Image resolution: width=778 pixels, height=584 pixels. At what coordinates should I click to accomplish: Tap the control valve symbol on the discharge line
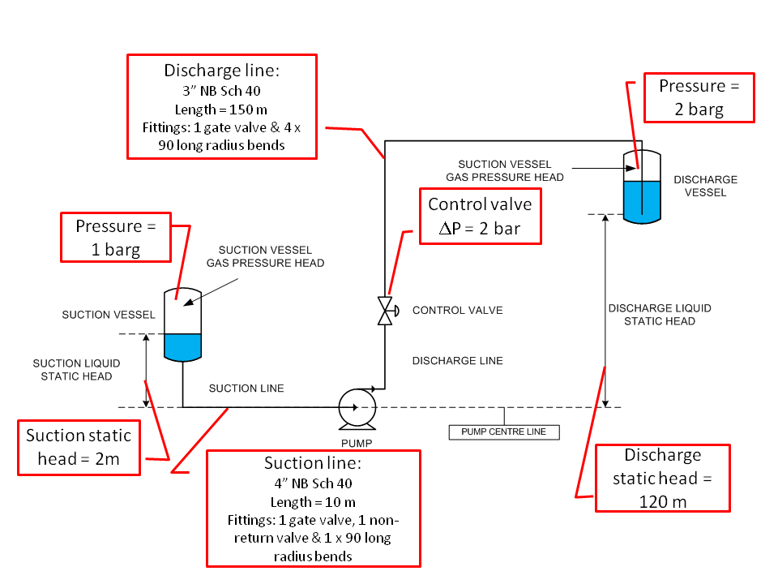(x=385, y=311)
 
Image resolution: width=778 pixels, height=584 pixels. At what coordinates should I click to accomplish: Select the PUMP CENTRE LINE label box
(x=503, y=432)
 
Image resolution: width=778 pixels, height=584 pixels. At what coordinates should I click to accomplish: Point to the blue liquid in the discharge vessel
(x=641, y=200)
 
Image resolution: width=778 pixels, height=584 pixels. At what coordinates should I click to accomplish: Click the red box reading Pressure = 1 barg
(x=117, y=237)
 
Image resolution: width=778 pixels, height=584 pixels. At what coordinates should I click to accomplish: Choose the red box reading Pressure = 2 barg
(x=699, y=97)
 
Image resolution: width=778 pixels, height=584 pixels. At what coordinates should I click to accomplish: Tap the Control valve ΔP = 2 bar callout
(x=480, y=216)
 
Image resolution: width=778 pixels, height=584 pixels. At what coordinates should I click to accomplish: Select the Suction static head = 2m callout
(x=79, y=447)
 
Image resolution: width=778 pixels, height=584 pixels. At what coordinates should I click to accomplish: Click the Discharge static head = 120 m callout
(x=662, y=478)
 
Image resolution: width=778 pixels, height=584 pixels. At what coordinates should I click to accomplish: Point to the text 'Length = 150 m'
(x=220, y=109)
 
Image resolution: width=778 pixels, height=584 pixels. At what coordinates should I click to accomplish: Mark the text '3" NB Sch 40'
(x=220, y=90)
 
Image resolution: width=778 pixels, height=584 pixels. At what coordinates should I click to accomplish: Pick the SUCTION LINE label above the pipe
(x=246, y=389)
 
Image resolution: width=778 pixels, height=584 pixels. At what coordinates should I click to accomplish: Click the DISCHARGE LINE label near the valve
(x=457, y=360)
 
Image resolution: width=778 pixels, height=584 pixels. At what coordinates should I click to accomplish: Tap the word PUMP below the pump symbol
(x=357, y=443)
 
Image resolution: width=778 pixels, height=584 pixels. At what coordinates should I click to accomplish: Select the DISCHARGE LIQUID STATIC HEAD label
(x=660, y=315)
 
